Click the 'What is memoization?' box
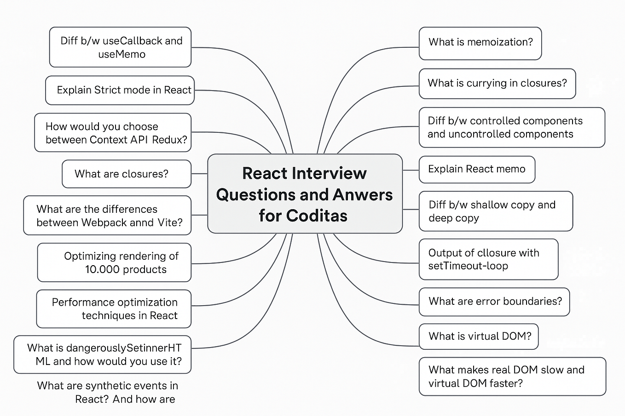480,43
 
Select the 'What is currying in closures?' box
497,83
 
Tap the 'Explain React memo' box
476,169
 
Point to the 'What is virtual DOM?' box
479,336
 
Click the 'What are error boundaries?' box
494,301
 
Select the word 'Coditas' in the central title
317,216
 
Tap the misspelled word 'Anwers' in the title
363,194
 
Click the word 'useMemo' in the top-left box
122,54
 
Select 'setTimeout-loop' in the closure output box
468,266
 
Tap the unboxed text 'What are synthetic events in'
107,386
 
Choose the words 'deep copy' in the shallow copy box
453,218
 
